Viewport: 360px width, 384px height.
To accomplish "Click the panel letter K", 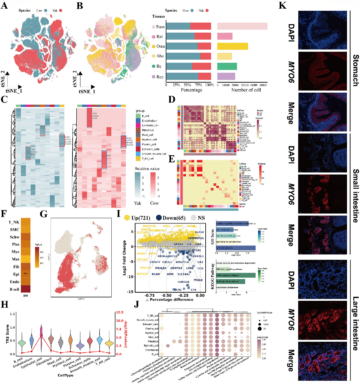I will click(x=283, y=6).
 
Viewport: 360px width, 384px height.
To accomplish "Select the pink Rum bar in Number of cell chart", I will click(x=242, y=26).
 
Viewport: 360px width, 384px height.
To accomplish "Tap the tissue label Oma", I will click(x=160, y=46).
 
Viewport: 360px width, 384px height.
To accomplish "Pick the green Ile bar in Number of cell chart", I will click(x=227, y=66).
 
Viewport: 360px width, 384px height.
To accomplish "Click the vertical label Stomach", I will click(x=356, y=70).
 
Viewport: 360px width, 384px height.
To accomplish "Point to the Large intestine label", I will click(x=356, y=323).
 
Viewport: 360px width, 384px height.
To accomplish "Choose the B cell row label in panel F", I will click(x=14, y=289).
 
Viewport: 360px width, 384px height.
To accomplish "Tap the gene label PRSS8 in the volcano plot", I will click(x=198, y=280).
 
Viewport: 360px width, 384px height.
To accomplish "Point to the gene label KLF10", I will click(x=199, y=232).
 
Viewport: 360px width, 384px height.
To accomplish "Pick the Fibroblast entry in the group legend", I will click(x=148, y=130).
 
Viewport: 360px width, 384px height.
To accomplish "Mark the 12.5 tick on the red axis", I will click(x=119, y=312).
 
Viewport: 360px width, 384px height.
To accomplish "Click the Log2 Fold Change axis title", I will click(x=124, y=257).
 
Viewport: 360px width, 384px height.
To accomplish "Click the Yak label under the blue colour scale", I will click(x=137, y=203).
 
